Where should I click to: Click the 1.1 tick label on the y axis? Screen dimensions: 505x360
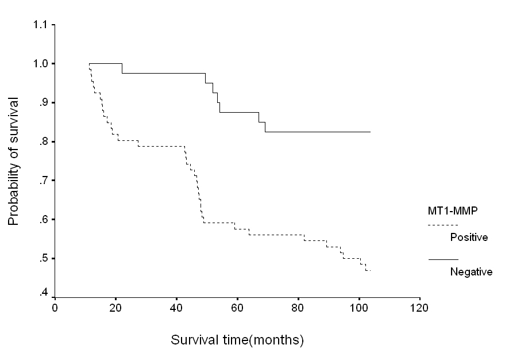click(40, 25)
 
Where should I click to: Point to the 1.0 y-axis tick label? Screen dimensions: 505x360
click(41, 63)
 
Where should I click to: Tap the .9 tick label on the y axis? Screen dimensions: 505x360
click(43, 103)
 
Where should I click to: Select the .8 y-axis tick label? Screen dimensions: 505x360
click(43, 142)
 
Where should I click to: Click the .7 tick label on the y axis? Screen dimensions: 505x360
click(43, 181)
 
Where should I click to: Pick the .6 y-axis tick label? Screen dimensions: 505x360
click(43, 220)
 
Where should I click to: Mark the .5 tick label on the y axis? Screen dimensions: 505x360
click(43, 259)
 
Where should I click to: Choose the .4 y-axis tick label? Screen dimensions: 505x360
click(43, 293)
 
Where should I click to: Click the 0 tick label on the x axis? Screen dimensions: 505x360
click(55, 308)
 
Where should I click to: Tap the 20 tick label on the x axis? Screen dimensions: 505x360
click(115, 308)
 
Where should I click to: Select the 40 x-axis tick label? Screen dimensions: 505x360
click(176, 308)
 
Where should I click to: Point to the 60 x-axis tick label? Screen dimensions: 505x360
click(237, 308)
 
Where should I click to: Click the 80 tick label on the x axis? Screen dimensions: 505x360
click(298, 308)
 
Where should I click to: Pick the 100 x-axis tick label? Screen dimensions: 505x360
click(358, 308)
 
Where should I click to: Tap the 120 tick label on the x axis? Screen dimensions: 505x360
click(419, 308)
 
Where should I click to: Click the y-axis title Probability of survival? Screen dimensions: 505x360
click(14, 162)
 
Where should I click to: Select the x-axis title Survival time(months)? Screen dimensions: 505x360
click(237, 340)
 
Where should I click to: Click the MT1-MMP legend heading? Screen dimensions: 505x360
click(453, 211)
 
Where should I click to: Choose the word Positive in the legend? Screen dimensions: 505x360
click(469, 238)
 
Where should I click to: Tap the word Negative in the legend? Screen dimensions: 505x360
click(471, 272)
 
